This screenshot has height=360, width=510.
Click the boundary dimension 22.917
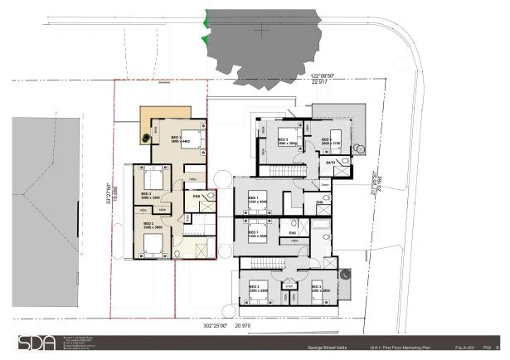click(318, 82)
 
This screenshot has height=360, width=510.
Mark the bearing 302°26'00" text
click(215, 326)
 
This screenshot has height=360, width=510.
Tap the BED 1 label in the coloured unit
click(177, 138)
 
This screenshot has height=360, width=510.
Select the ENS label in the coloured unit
click(197, 197)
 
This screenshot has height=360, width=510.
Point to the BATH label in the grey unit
click(330, 164)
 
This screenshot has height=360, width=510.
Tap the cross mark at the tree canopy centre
click(264, 32)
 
